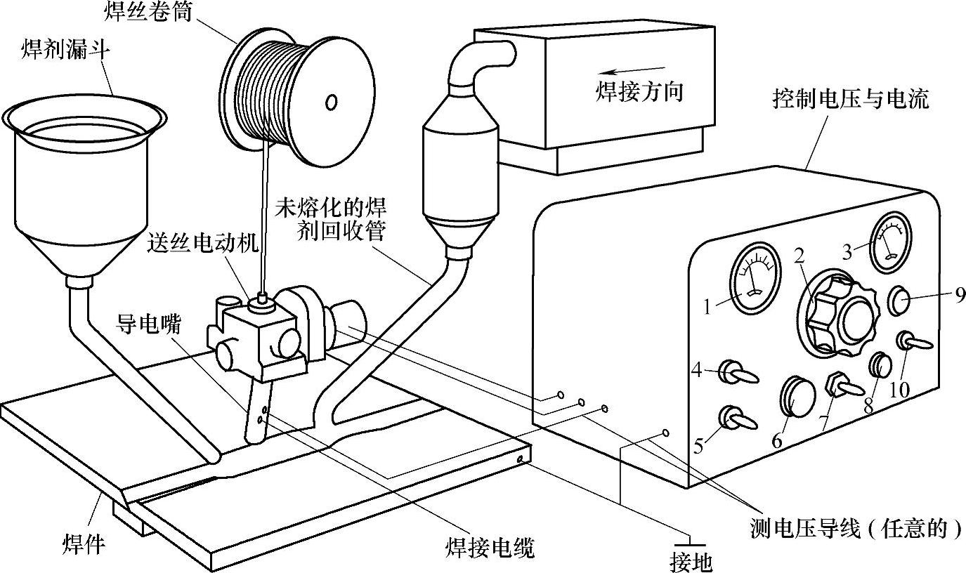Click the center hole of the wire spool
coord(330,103)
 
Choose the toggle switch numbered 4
coord(735,372)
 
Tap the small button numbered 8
coord(882,366)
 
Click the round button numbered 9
coord(901,299)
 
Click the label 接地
coord(691,561)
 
